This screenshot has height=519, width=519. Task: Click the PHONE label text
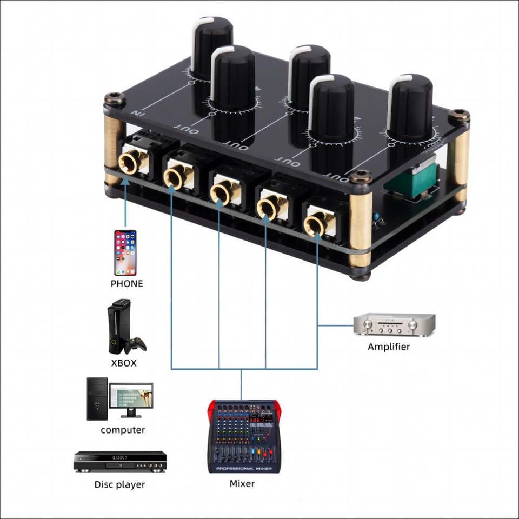[x=127, y=283]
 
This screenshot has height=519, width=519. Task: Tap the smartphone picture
[x=125, y=252]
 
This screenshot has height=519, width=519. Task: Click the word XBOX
[x=124, y=363]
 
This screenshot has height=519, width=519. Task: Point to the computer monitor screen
[x=131, y=397]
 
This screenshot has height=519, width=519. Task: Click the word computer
[x=123, y=430]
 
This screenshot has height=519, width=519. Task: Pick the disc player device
[x=120, y=462]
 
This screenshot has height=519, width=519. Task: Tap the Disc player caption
[x=119, y=484]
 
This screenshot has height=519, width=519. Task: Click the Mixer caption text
[x=242, y=483]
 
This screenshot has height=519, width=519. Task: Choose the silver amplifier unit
[x=394, y=325]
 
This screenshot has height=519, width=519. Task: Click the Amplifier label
[x=389, y=347]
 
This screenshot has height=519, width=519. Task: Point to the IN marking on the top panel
[x=139, y=113]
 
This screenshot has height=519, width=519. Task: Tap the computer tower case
[x=97, y=399]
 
